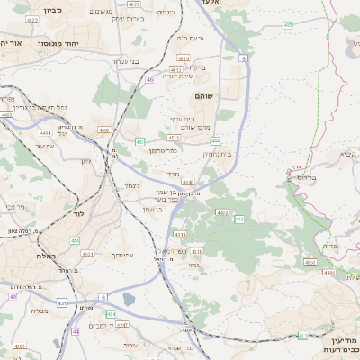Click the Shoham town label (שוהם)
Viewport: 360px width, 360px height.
(x=203, y=95)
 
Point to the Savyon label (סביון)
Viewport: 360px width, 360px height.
(x=28, y=12)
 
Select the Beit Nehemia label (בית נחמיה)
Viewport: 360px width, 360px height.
(x=217, y=154)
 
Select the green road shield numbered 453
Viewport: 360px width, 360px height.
(x=139, y=142)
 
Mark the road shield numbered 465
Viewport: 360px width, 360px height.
(x=287, y=25)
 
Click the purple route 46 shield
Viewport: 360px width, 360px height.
(x=149, y=80)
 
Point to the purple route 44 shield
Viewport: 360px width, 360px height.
(x=75, y=331)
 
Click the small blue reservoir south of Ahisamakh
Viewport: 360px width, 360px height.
(x=129, y=298)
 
